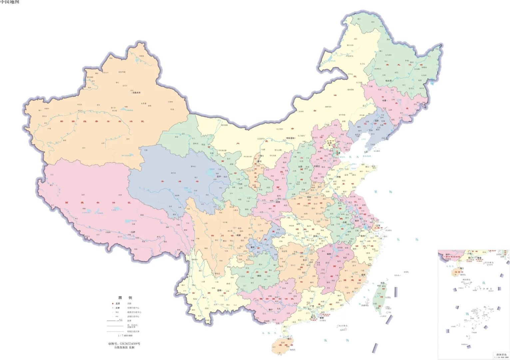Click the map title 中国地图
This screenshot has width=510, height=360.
[10, 2]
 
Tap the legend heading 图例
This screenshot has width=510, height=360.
[125, 298]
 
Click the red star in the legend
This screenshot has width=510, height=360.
[113, 304]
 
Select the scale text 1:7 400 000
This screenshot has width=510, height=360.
[125, 336]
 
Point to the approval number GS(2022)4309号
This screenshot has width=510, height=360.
[124, 344]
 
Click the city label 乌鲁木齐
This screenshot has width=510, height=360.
[136, 93]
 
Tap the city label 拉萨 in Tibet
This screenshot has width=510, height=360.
[133, 232]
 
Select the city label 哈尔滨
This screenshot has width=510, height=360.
[389, 81]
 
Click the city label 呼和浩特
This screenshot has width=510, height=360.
[290, 138]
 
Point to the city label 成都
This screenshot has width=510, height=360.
[238, 235]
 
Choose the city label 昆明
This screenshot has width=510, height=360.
[219, 291]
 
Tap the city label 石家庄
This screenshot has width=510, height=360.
[316, 166]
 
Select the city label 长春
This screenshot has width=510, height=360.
[384, 100]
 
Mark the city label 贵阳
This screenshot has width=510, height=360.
[259, 276]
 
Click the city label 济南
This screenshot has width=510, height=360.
[338, 177]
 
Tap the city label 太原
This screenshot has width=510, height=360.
[300, 167]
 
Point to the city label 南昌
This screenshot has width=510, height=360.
[328, 254]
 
